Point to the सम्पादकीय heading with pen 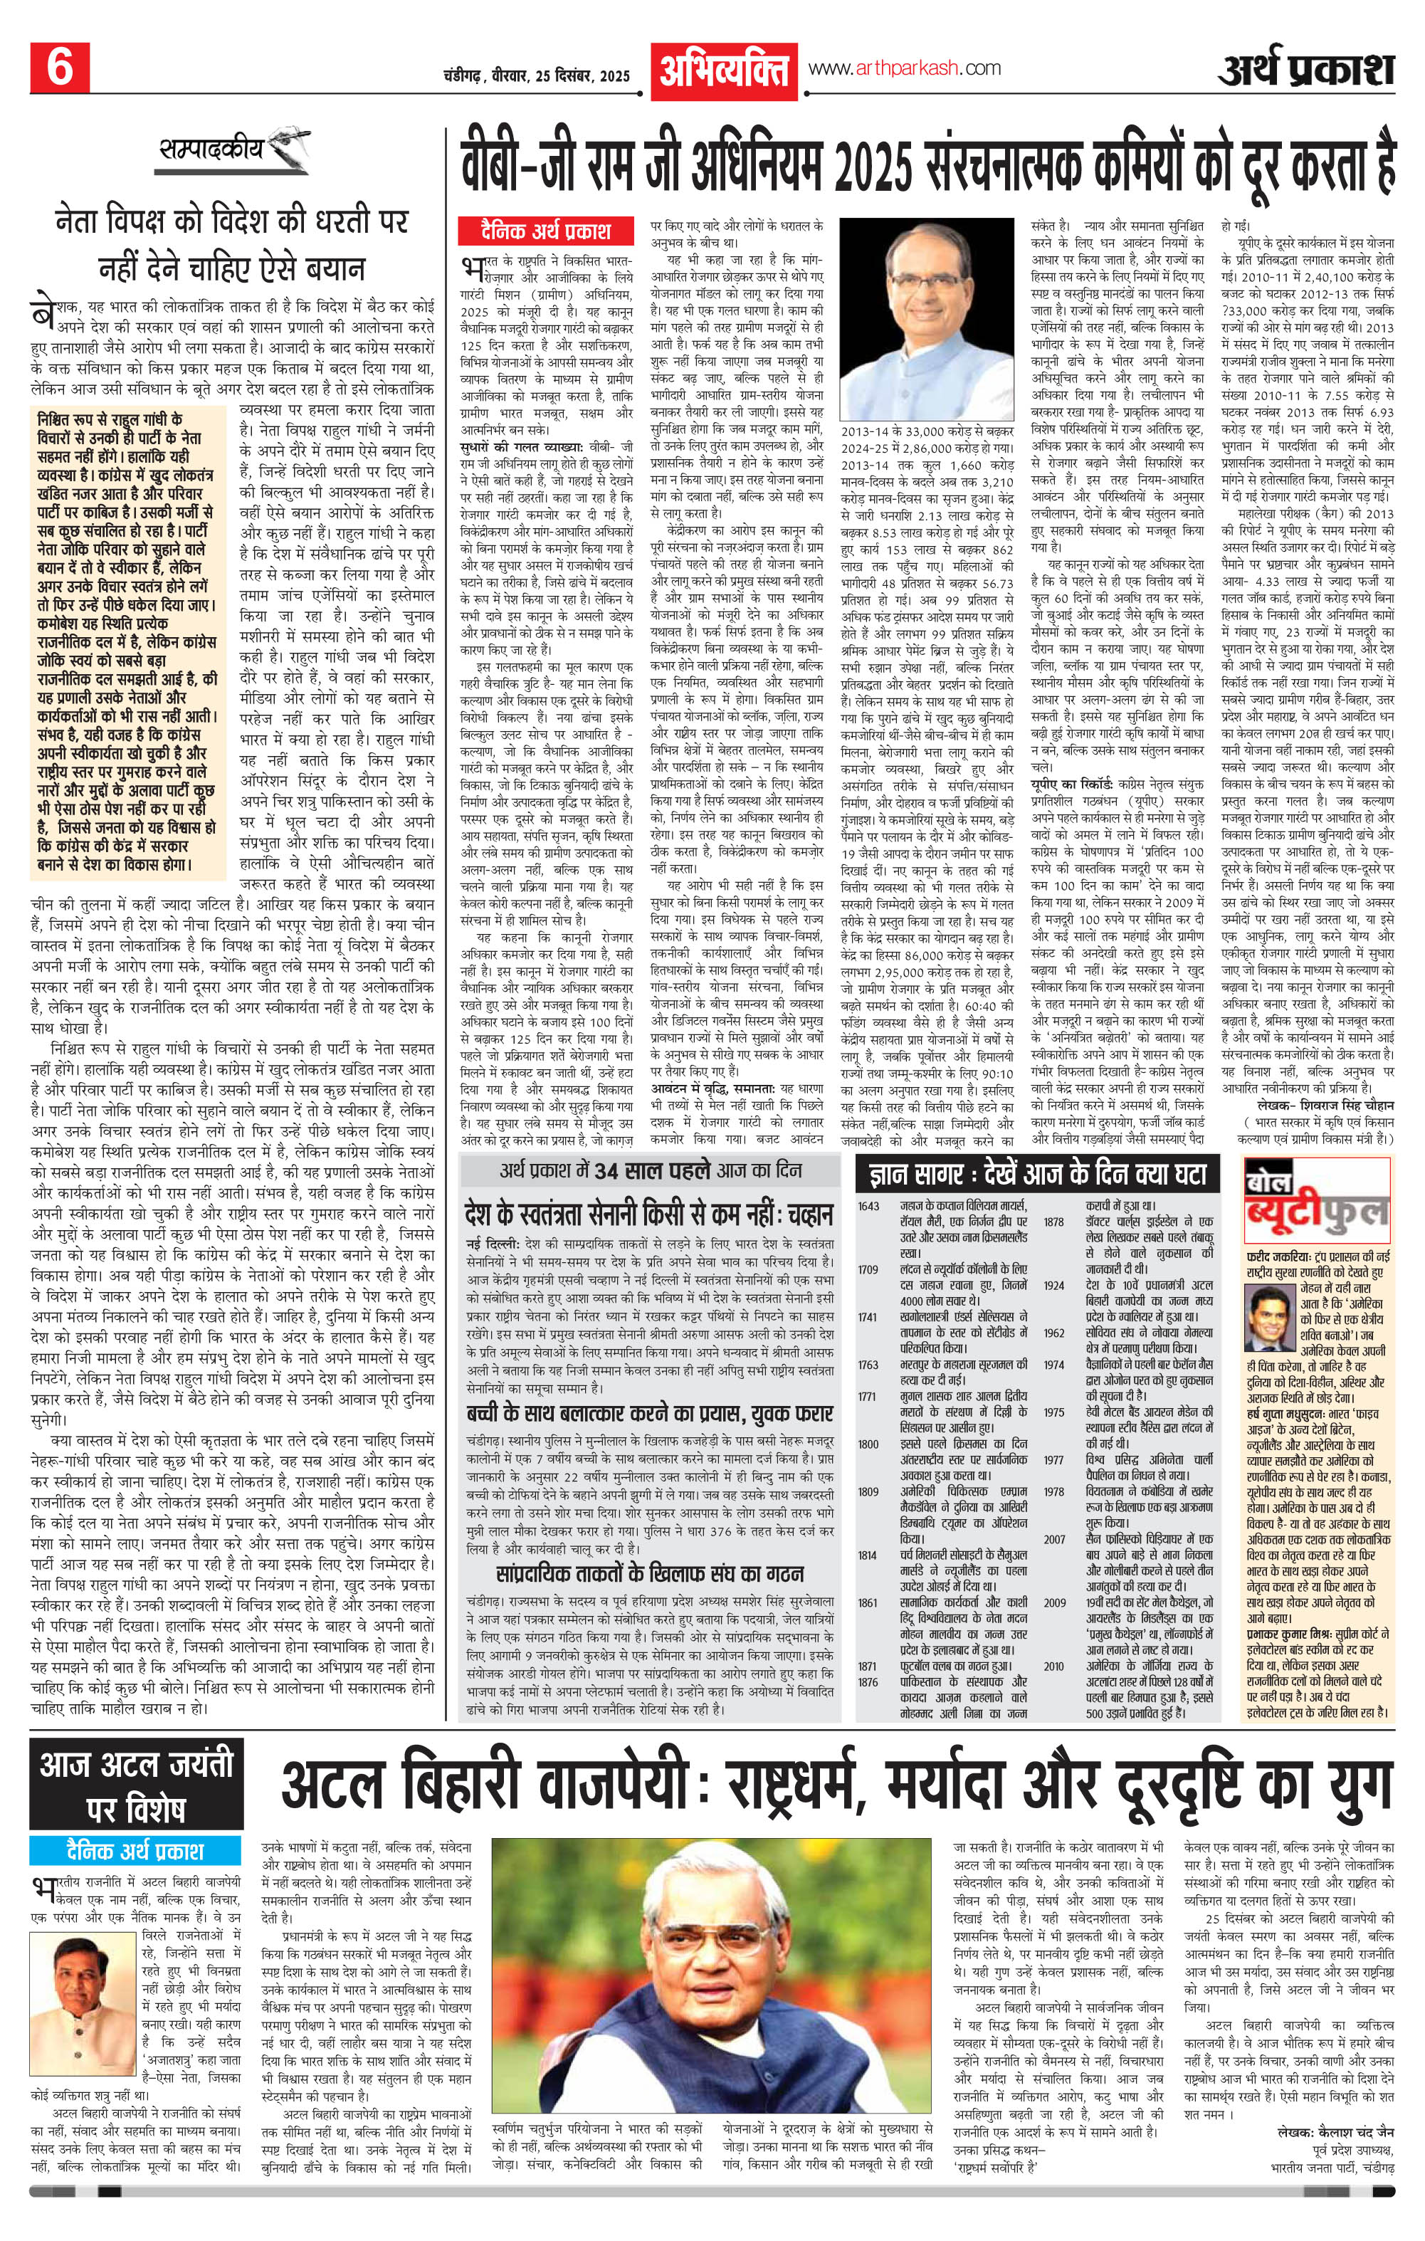pyautogui.click(x=221, y=148)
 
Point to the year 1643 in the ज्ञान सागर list pyautogui.click(x=868, y=1206)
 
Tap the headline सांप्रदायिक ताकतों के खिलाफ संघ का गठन pyautogui.click(x=650, y=1575)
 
